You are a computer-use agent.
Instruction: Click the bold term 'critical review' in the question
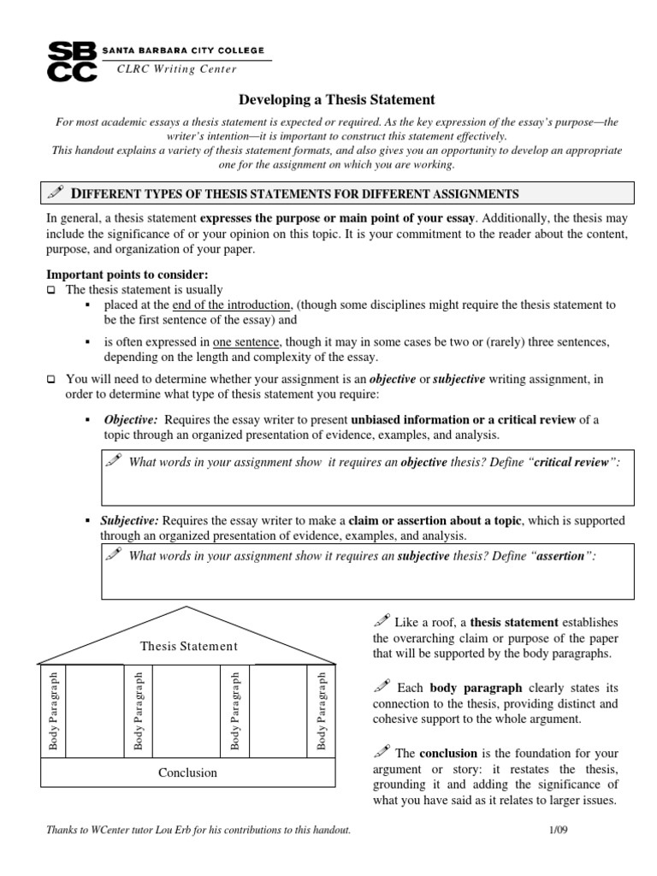572,462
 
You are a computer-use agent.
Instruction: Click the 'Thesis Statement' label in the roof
189,646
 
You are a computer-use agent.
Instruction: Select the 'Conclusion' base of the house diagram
188,772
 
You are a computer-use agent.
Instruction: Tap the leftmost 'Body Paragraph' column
53,711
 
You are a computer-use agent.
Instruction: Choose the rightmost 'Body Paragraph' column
322,711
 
